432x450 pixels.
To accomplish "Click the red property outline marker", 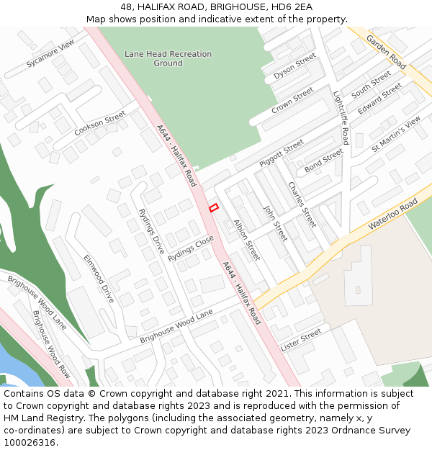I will (x=213, y=208).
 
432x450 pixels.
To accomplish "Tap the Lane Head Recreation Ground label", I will (x=168, y=58).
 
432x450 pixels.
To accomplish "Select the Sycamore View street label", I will (x=50, y=54).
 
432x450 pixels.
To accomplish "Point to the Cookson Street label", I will (x=100, y=123).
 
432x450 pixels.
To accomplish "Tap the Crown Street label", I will (x=292, y=101).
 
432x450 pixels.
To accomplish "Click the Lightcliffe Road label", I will (x=341, y=117).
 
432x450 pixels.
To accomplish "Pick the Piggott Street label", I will (x=282, y=153).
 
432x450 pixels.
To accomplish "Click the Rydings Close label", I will (x=191, y=249).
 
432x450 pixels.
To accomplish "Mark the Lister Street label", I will (x=301, y=337).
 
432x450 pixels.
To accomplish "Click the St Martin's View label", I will (x=395, y=135).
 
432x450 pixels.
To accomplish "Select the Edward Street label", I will (x=380, y=98).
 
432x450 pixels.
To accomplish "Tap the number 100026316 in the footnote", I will (x=30, y=443).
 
